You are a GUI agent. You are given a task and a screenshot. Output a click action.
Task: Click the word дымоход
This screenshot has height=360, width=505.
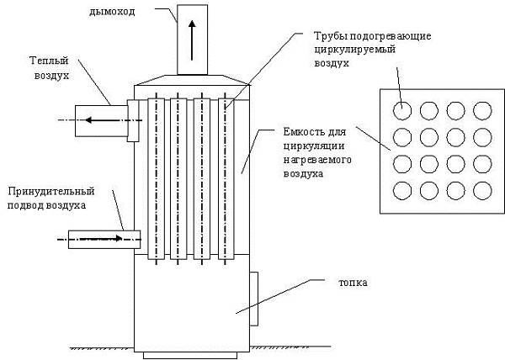[112, 13]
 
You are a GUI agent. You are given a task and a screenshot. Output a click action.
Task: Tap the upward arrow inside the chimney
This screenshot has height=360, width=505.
[192, 40]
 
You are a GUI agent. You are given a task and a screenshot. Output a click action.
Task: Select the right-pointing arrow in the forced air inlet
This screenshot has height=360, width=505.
[100, 239]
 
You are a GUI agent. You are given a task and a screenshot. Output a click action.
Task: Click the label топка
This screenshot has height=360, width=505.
[353, 283]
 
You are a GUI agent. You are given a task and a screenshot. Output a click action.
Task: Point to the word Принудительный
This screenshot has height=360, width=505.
[51, 192]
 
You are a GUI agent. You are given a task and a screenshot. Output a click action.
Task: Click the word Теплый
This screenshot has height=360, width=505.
[49, 61]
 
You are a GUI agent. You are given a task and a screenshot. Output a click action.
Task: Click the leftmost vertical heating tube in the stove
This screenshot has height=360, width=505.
[157, 179]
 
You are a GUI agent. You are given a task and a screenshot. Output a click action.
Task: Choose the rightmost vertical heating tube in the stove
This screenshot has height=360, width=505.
[226, 179]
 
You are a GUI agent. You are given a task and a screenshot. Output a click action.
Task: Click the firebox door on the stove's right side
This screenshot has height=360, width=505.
[254, 299]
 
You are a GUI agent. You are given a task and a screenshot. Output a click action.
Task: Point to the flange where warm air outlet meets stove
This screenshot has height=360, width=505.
[133, 120]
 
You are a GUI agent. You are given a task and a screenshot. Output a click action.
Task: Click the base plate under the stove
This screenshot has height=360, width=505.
[190, 355]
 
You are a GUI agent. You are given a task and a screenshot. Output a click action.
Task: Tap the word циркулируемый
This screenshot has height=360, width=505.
[354, 50]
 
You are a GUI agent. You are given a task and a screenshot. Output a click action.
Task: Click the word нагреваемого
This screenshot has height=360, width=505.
[317, 160]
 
